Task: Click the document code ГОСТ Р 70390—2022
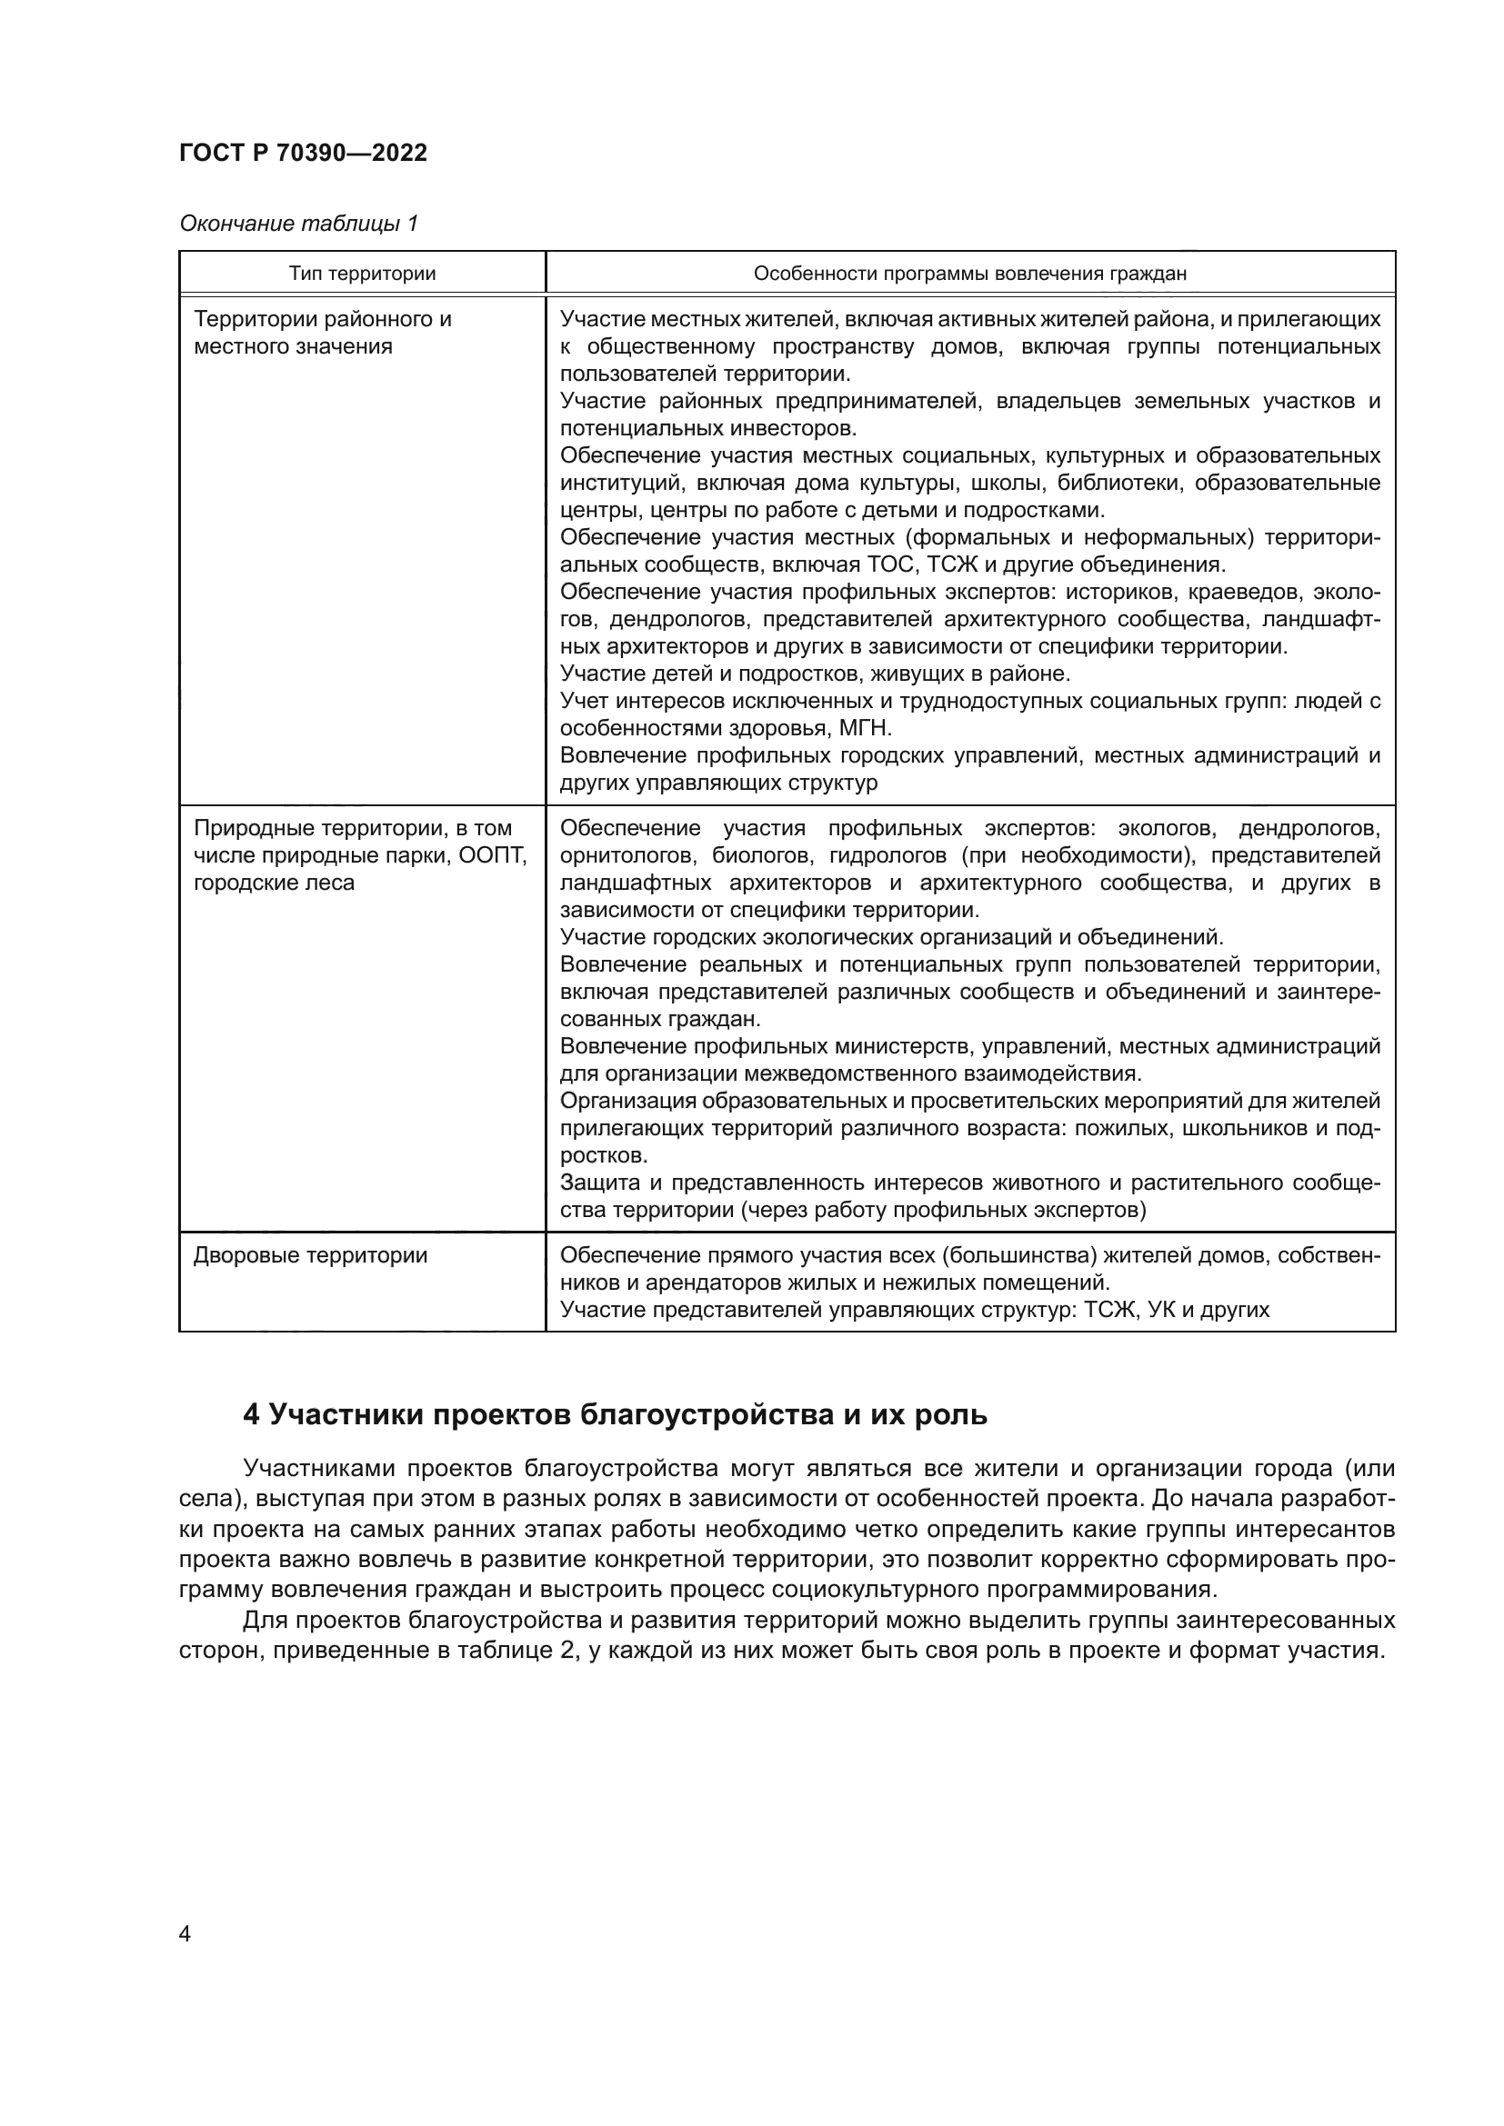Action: (303, 153)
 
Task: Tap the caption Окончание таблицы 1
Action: (298, 224)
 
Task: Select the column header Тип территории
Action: (362, 274)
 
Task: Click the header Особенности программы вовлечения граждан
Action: (969, 274)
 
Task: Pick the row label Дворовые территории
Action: (310, 1256)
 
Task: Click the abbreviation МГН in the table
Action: (865, 729)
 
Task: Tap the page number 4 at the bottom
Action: (185, 1934)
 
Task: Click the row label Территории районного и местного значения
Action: (322, 333)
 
